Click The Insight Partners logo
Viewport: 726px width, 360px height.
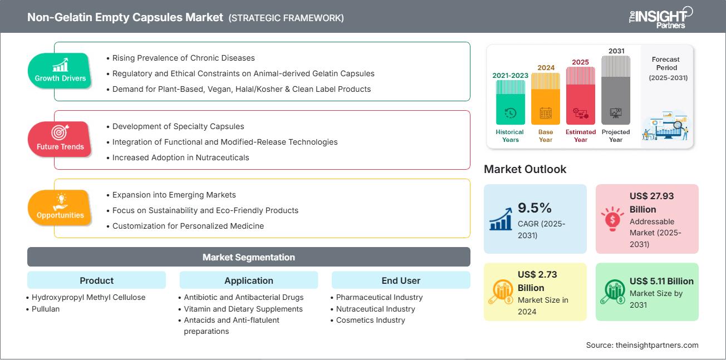click(661, 17)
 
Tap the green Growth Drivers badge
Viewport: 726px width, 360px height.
click(60, 71)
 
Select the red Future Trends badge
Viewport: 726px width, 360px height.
click(60, 139)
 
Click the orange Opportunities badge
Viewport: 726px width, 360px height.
click(60, 208)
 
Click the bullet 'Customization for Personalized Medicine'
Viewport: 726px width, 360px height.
click(185, 226)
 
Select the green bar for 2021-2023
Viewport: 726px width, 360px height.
click(510, 102)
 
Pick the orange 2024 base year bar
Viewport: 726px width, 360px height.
click(546, 98)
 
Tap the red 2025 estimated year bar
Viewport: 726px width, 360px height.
click(581, 96)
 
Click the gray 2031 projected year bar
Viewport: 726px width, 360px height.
click(616, 90)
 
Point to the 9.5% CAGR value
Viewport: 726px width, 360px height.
click(534, 208)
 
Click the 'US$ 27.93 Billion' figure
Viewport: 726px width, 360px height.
click(651, 203)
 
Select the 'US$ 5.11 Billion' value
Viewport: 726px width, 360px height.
click(661, 281)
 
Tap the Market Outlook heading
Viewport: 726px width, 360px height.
click(525, 169)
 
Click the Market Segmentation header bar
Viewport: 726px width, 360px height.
click(249, 257)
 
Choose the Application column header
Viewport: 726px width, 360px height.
click(249, 280)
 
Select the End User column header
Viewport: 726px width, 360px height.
click(401, 280)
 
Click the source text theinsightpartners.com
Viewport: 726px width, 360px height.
click(657, 345)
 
